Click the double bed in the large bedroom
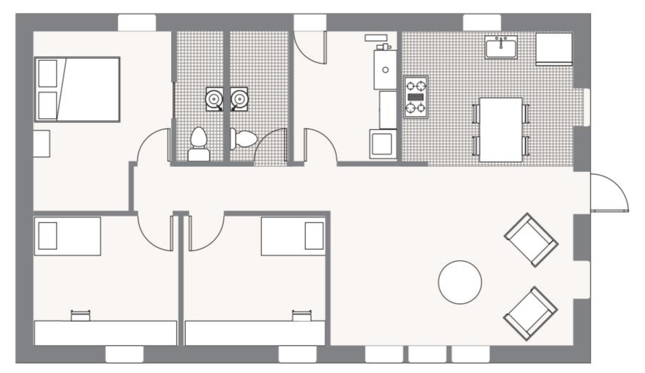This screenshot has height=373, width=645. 77,89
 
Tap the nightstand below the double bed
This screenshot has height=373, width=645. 41,144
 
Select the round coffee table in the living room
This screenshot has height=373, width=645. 460,282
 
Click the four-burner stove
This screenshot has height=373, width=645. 416,97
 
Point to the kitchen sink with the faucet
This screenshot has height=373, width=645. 501,47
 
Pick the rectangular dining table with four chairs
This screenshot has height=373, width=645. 501,129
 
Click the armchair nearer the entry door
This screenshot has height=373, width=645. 531,240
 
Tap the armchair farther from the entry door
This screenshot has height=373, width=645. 530,313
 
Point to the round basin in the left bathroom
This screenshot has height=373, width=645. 214,99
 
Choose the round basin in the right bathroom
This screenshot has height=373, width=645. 239,99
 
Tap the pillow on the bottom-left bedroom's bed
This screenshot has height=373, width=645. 47,236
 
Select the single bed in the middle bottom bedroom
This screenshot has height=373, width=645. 293,236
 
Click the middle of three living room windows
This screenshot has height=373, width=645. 427,354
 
